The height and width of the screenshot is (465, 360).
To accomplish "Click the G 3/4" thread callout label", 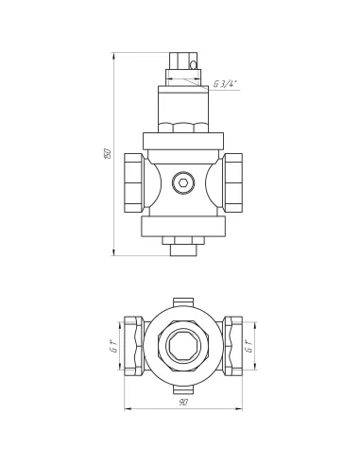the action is point(225,84).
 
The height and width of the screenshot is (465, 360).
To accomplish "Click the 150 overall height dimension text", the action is point(108,153).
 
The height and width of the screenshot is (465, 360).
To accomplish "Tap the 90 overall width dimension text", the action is point(183,403).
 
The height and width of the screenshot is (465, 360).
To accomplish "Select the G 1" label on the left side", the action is point(115,346).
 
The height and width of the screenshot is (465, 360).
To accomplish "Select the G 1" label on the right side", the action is point(249,346).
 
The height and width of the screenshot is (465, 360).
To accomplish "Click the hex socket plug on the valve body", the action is point(183,182).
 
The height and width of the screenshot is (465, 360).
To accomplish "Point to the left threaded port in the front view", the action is point(134,182).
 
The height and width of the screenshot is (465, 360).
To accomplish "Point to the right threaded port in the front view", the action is point(232,182).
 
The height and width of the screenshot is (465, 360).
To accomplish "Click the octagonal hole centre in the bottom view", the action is point(183,346).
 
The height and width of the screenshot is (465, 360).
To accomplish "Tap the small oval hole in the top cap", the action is point(193,65).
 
